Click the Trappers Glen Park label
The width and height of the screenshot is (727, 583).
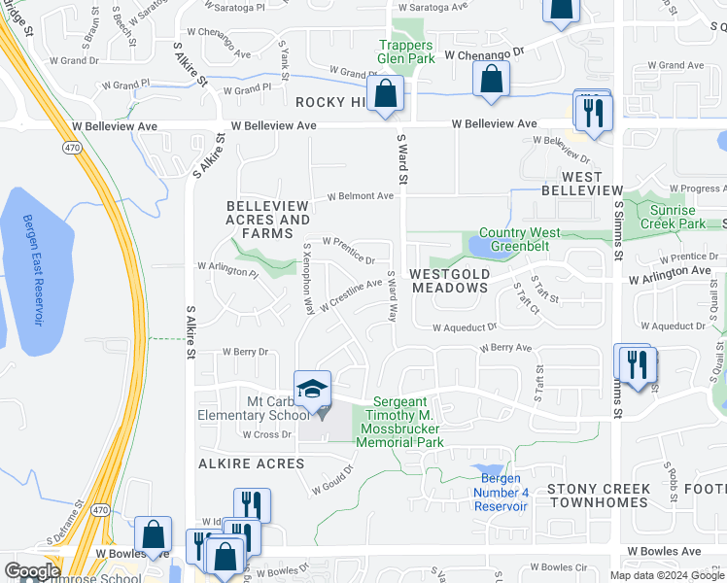click(406, 51)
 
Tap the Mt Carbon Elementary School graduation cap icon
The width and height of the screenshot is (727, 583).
click(312, 390)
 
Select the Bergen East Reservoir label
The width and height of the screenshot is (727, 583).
click(33, 271)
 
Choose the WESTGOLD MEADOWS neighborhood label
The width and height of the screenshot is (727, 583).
click(449, 281)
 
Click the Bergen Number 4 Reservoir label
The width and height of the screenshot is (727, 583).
click(502, 492)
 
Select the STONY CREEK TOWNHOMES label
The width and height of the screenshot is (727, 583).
click(598, 496)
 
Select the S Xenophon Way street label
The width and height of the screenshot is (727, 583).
click(307, 279)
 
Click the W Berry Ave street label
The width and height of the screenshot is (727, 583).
click(505, 347)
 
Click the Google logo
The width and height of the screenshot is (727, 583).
click(33, 571)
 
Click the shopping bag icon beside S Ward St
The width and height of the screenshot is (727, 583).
click(386, 94)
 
